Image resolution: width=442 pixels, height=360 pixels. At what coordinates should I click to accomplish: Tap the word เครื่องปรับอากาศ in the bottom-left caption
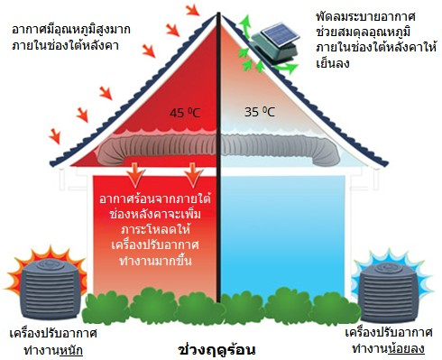point(45,331)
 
